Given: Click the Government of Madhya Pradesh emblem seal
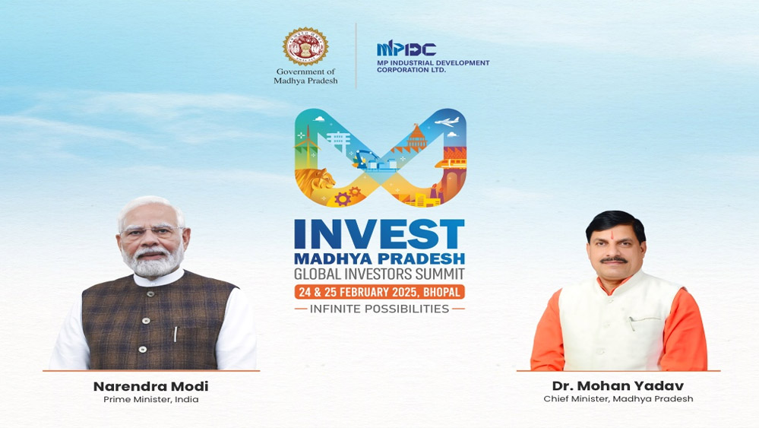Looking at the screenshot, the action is coord(305,46).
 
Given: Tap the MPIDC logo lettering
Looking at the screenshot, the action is coord(406,49).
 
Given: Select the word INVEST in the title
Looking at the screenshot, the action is coord(379,234).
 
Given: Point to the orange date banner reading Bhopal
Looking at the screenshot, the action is coord(380,292).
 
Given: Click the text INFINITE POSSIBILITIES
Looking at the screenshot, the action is coord(380,309).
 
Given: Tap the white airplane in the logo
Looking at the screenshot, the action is coord(447,122).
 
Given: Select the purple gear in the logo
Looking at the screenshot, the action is coord(342,198).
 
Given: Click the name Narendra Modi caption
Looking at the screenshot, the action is coord(151,386).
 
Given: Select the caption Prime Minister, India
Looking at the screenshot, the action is coord(151,399).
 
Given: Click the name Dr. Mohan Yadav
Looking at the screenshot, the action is coord(618,386).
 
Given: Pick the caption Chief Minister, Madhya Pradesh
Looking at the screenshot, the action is coord(618,399).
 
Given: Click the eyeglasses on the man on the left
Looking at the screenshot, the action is coord(152,231).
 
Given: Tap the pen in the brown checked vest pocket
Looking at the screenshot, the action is coord(176,334).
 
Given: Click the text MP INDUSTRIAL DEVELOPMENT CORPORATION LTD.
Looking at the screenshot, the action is coord(433,66).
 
